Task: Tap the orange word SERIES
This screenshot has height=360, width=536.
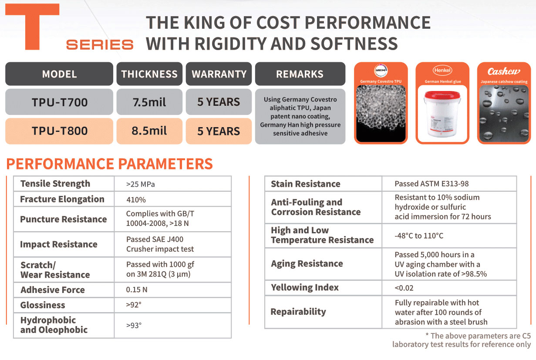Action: point(100,45)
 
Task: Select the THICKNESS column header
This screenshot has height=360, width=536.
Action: point(149,74)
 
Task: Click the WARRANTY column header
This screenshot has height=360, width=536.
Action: point(219,74)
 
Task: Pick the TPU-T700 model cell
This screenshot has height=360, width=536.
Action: point(59,102)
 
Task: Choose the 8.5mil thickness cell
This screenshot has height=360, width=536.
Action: point(149,131)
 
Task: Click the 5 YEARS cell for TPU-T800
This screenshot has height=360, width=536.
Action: point(219,131)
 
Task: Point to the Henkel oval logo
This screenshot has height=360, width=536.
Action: point(442,71)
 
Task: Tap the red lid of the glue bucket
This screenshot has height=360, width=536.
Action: point(442,95)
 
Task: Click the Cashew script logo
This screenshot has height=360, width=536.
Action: point(504,71)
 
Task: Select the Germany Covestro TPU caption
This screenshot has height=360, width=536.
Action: point(381,81)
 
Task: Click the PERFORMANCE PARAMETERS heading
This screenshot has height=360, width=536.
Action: point(109,164)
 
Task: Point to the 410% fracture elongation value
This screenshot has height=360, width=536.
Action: point(136,200)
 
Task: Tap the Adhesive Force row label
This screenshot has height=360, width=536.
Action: point(53,290)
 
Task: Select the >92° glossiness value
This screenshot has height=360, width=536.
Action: point(134,305)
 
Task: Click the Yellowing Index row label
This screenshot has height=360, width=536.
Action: point(305,288)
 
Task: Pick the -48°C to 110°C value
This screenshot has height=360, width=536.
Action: point(419,236)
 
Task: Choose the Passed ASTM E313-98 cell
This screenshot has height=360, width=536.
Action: point(431,184)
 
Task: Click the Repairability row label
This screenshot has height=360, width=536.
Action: point(298,312)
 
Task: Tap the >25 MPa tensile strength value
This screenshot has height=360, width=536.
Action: point(141,184)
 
